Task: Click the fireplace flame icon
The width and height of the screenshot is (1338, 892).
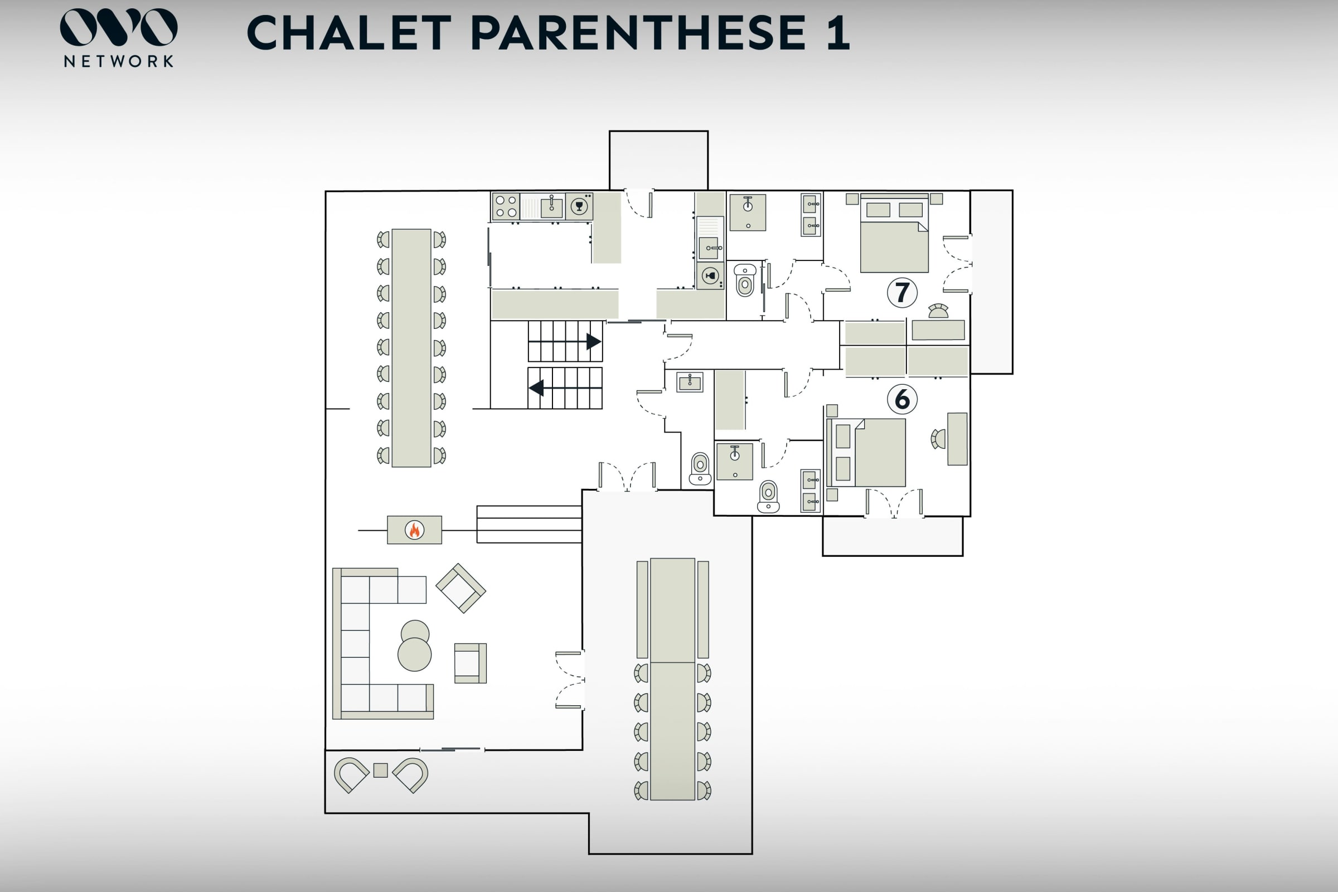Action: click(x=415, y=530)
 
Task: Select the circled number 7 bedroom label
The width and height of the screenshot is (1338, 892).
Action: click(x=902, y=292)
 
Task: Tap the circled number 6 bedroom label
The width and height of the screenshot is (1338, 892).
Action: click(x=902, y=399)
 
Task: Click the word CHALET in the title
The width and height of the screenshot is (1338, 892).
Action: click(x=350, y=32)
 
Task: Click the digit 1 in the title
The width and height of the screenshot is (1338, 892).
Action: click(x=838, y=32)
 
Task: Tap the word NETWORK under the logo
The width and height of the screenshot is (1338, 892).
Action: click(x=119, y=61)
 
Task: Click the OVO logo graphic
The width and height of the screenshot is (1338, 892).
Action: click(x=119, y=27)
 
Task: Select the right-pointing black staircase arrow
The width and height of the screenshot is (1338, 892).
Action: click(x=594, y=341)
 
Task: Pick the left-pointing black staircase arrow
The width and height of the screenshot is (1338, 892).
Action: click(x=536, y=388)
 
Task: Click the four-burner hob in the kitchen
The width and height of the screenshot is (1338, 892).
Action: click(x=506, y=206)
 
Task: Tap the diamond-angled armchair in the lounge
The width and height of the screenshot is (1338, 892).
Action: click(x=461, y=588)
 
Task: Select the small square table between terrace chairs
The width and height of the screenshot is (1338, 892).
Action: click(x=381, y=770)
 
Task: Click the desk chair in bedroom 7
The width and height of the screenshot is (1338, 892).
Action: click(x=938, y=311)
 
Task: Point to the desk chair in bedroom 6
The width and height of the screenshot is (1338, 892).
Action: click(x=938, y=439)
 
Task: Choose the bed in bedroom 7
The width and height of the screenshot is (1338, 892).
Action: click(x=894, y=233)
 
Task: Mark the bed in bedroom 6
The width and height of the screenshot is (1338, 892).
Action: click(x=866, y=453)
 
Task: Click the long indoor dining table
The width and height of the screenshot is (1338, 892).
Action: click(x=411, y=348)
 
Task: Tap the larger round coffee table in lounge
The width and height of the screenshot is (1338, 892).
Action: click(x=415, y=654)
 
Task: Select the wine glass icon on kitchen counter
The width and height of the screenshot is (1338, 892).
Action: click(x=579, y=206)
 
